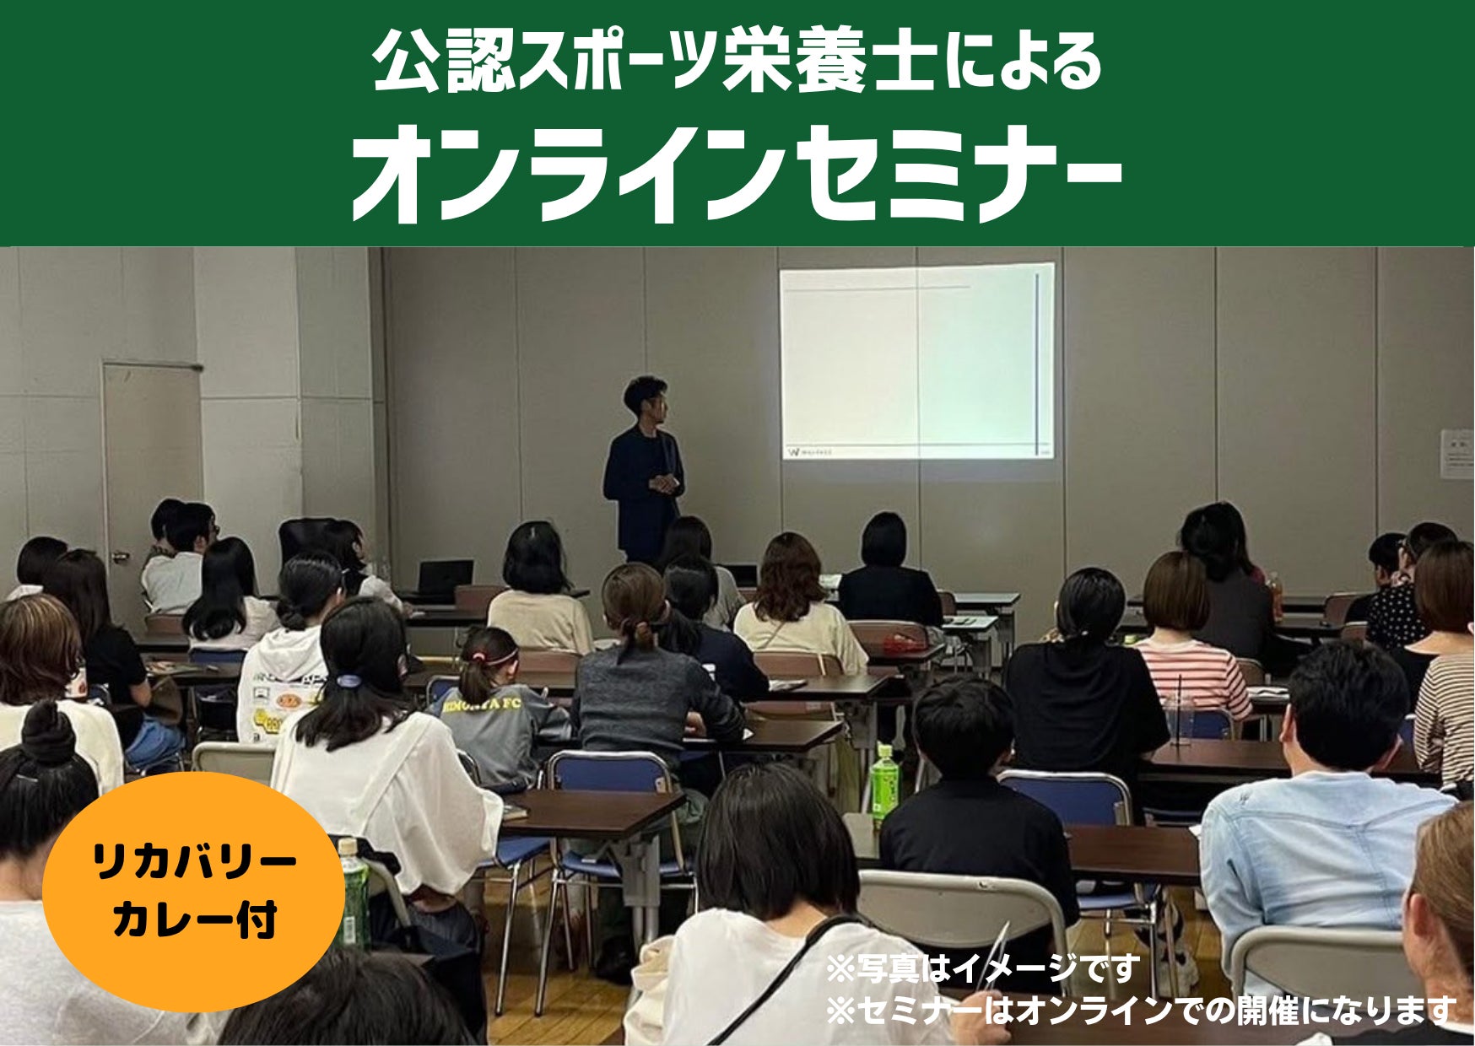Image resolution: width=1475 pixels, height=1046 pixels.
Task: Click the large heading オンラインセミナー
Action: point(737,175)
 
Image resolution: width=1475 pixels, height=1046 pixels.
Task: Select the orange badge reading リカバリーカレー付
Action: point(193,892)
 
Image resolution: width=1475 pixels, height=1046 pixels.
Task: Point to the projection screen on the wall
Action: point(916,361)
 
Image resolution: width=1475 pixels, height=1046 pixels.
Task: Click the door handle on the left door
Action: point(121,556)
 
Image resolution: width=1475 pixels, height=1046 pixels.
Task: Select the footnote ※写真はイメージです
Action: point(982,968)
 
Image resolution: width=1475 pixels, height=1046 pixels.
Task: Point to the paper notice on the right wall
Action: point(1456,454)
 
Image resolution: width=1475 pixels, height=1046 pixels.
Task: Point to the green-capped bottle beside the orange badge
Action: point(354,893)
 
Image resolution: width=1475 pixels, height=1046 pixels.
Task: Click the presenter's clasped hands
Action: point(664,483)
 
